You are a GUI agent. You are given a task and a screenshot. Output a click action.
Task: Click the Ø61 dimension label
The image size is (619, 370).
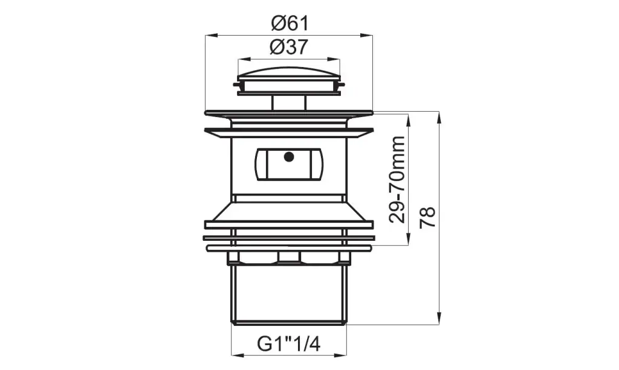(290, 24)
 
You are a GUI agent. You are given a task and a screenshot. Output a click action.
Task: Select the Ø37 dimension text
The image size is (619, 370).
(288, 48)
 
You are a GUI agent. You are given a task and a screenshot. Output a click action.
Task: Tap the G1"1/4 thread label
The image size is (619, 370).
(288, 344)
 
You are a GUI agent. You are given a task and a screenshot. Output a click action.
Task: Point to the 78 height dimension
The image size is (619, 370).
(427, 217)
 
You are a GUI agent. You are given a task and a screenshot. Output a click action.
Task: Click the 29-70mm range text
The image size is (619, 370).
(397, 180)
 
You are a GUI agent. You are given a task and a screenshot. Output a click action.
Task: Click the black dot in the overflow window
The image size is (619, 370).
(289, 157)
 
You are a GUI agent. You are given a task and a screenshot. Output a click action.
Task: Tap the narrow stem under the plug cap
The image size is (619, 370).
(288, 103)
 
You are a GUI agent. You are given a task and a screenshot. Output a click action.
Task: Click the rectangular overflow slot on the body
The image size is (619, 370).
(289, 164)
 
